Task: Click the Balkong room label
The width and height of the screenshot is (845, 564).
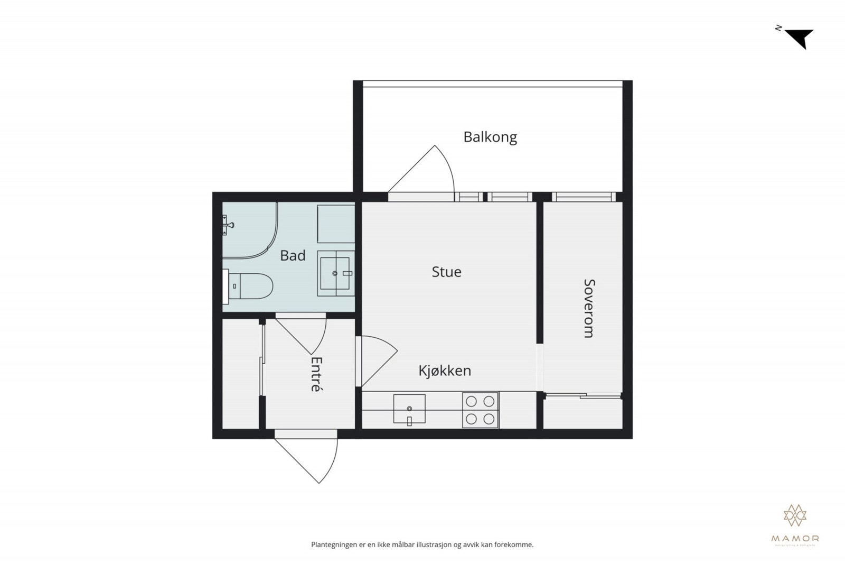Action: (x=490, y=137)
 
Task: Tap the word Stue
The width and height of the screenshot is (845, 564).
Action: (x=446, y=272)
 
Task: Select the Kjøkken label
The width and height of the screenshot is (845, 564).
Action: (x=445, y=371)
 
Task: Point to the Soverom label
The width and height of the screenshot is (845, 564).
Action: (x=589, y=308)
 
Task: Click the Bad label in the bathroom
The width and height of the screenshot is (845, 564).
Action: (x=293, y=256)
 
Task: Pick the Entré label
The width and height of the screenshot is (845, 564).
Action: (x=316, y=374)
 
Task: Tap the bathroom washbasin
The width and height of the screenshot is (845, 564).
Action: (x=335, y=273)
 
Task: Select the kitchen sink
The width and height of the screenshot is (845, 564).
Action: (x=409, y=409)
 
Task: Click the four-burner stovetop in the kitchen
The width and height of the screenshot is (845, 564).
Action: (x=480, y=410)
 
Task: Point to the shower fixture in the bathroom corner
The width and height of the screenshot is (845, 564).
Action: (x=228, y=225)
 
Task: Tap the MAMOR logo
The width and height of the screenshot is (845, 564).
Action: (x=795, y=523)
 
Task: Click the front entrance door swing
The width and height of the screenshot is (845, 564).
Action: (x=312, y=458)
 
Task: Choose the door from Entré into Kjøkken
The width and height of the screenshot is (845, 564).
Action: (x=376, y=359)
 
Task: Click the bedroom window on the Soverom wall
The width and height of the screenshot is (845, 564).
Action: (x=584, y=197)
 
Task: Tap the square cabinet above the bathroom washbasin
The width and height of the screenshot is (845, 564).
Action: (x=335, y=224)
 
